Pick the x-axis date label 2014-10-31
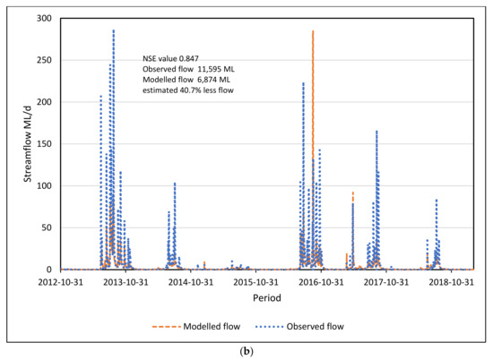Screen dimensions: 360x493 (x=189, y=281)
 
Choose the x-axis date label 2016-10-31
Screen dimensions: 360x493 (x=316, y=281)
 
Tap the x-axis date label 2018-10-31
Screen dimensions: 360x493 (x=445, y=281)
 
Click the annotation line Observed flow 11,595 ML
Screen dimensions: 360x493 (x=192, y=69)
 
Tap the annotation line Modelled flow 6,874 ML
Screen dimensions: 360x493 (x=190, y=80)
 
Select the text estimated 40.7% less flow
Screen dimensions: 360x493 (x=189, y=90)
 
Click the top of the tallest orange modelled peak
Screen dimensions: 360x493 (x=313, y=30)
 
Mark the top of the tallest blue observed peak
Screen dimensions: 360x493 (x=113, y=30)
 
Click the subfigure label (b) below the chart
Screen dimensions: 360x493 (x=246, y=350)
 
